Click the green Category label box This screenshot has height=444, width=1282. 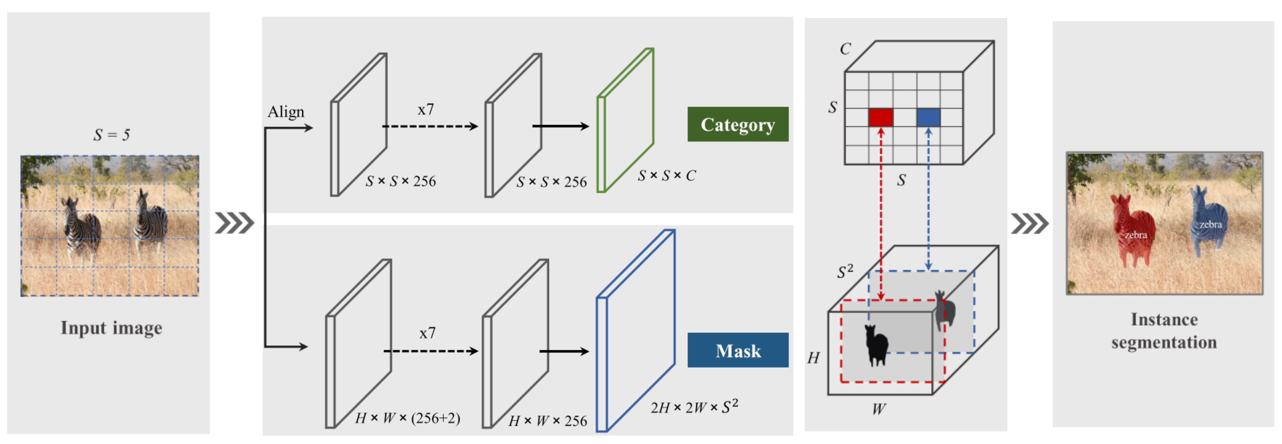pos(738,124)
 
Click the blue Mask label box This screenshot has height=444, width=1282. pos(738,350)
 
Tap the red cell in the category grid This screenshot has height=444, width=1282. pos(881,117)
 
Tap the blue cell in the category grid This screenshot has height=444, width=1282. pos(928,117)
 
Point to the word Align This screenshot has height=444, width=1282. pos(286,112)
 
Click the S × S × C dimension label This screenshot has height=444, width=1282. pos(667,176)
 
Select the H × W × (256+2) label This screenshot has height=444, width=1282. pos(407,418)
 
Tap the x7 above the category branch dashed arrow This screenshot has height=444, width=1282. pos(426,109)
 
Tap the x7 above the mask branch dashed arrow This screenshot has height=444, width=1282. pos(427,333)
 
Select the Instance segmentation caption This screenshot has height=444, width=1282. pos(1164,331)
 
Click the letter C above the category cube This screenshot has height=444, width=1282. pos(845,49)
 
